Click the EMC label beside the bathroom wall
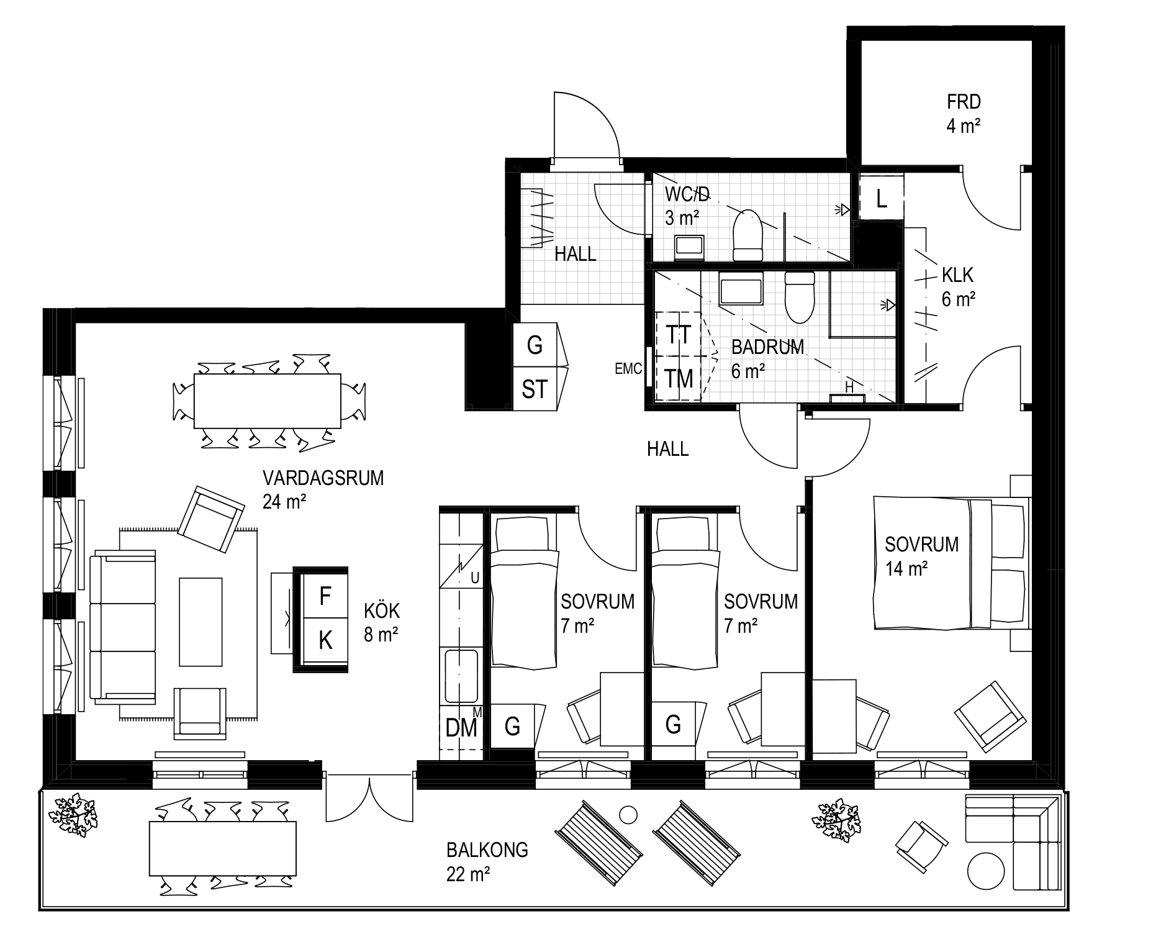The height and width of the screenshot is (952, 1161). pyautogui.click(x=628, y=369)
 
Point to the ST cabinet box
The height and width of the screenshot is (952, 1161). pyautogui.click(x=535, y=388)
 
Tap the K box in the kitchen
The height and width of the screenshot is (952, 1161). pyautogui.click(x=325, y=640)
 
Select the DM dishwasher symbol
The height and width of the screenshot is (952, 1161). pyautogui.click(x=461, y=727)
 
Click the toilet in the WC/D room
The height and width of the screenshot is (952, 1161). pyautogui.click(x=748, y=235)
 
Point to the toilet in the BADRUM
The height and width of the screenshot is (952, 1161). pyautogui.click(x=800, y=297)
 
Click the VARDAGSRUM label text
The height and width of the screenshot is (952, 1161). pyautogui.click(x=323, y=478)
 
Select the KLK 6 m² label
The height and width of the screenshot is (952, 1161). pyautogui.click(x=958, y=286)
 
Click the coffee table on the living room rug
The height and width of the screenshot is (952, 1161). pyautogui.click(x=201, y=622)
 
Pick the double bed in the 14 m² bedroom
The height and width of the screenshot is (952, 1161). pyautogui.click(x=952, y=563)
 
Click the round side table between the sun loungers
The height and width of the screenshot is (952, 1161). pyautogui.click(x=628, y=814)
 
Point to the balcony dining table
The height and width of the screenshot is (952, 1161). pyautogui.click(x=223, y=848)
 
